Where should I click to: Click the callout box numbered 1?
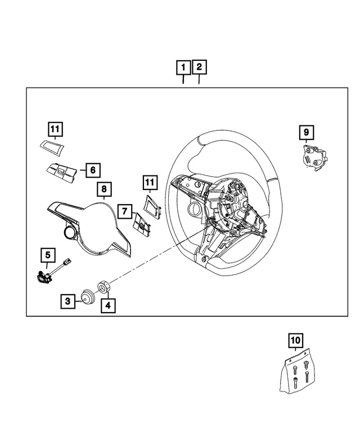tap(183, 69)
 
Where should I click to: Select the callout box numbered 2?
tap(199, 69)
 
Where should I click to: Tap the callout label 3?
tap(67, 301)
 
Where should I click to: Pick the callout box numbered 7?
tap(125, 211)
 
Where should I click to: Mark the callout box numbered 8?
tap(103, 189)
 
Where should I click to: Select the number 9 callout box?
tap(306, 132)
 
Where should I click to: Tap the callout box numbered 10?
tap(296, 340)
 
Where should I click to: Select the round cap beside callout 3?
tap(87, 296)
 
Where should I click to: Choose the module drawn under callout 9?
tap(313, 156)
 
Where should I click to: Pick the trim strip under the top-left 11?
tap(51, 146)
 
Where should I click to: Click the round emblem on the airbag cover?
tap(70, 233)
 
